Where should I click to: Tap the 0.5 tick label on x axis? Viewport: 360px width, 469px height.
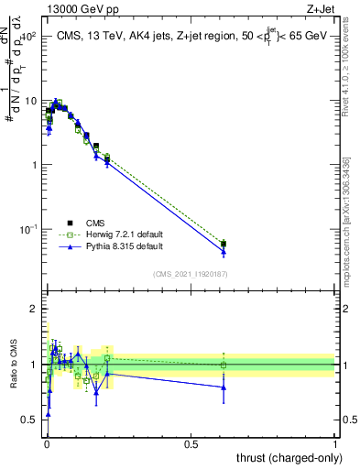(x=191, y=442)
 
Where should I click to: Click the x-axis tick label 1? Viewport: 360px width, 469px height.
(x=336, y=442)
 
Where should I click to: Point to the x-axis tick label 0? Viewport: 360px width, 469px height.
(x=46, y=442)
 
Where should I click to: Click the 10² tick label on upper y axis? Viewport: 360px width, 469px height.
(x=27, y=38)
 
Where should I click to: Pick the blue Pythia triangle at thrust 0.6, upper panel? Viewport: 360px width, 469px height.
(x=224, y=252)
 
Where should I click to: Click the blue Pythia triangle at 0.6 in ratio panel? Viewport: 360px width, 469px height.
(x=224, y=387)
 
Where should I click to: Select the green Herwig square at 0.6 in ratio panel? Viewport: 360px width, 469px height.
(x=224, y=365)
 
